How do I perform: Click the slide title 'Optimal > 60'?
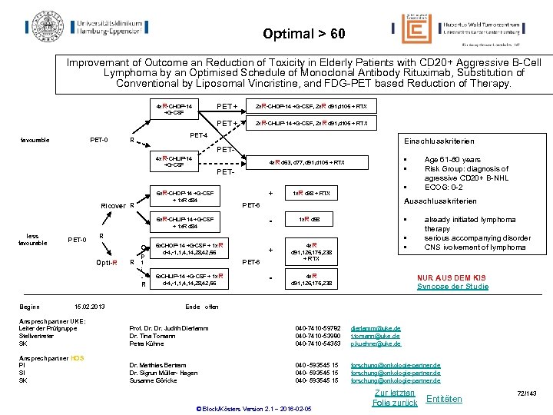click(303, 34)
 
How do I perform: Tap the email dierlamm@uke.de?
click(376, 328)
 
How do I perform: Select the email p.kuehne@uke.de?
click(376, 344)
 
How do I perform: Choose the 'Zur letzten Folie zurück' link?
click(394, 397)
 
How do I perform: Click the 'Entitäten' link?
click(444, 398)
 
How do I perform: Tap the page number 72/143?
click(528, 393)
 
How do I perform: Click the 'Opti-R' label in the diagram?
click(104, 264)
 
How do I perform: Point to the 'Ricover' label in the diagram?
click(114, 205)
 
